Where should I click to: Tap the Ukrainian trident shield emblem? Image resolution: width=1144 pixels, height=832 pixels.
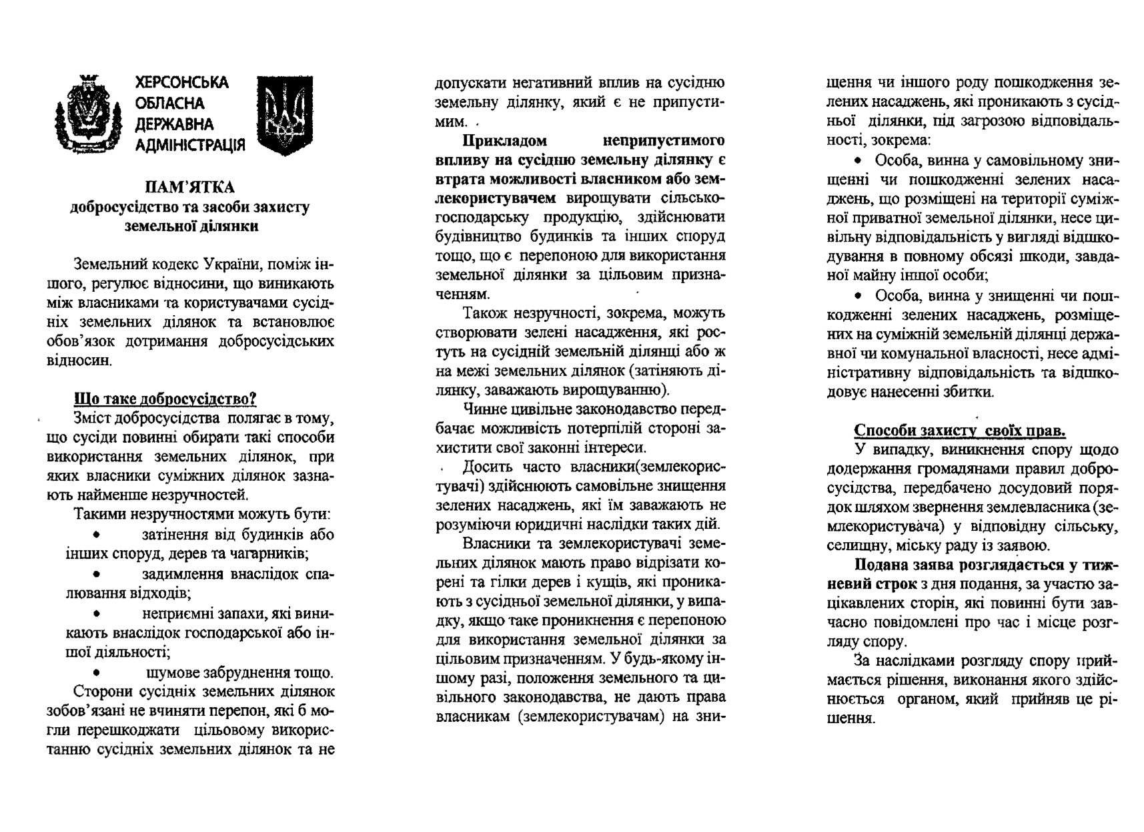(285, 116)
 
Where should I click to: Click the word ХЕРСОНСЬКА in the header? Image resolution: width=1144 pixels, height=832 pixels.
(181, 83)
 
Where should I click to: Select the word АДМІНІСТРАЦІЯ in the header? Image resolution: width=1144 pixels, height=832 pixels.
(190, 145)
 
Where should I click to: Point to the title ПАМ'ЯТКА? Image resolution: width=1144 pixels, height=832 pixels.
(190, 188)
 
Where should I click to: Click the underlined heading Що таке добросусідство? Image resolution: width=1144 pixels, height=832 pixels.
(165, 399)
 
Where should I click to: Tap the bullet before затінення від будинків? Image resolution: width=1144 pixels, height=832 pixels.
(97, 535)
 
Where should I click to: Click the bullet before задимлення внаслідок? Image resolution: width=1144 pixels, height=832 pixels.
(97, 574)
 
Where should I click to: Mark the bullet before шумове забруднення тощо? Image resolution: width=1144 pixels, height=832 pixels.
(97, 672)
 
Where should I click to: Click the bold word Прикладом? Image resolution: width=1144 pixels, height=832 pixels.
(505, 142)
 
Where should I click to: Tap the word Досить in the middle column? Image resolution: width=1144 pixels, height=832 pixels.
(486, 467)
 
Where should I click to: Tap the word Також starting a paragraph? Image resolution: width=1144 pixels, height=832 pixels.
(484, 313)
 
